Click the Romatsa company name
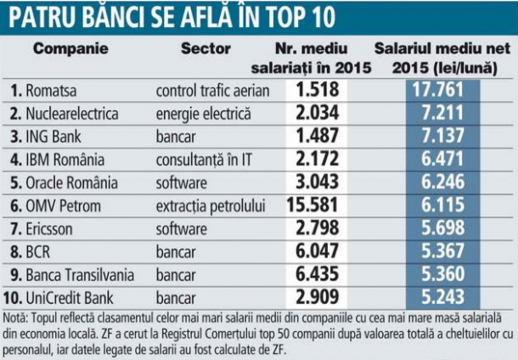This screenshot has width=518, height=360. (x=51, y=91)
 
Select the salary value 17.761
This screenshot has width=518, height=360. (x=438, y=90)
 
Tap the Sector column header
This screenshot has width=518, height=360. (x=206, y=48)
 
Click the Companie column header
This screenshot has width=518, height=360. (x=70, y=48)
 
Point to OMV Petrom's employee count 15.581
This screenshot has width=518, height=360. (x=312, y=205)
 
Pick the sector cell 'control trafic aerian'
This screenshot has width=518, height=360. (x=213, y=91)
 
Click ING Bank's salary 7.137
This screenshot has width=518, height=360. (x=442, y=136)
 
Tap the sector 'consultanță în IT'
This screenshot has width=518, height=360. (x=204, y=160)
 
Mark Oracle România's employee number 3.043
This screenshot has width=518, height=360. (x=317, y=182)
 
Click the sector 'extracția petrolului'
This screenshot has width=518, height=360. (x=211, y=206)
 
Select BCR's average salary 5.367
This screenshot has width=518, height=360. (x=442, y=251)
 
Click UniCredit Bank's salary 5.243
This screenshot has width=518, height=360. (x=442, y=297)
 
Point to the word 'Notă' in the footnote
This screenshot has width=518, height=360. (x=15, y=318)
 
